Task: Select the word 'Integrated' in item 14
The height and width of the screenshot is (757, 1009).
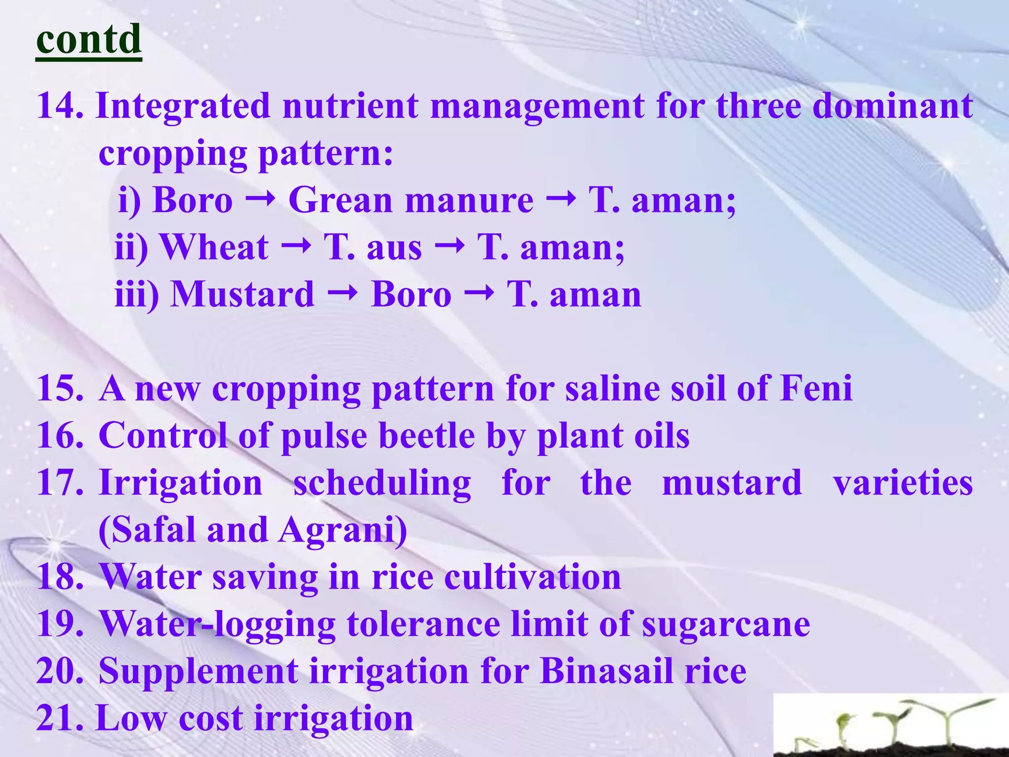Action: [x=183, y=106]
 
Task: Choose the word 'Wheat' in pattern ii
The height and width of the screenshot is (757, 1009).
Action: [x=214, y=247]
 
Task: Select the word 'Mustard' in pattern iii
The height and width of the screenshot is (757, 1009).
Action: [x=242, y=294]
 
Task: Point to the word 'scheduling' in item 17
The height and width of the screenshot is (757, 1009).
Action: [x=382, y=483]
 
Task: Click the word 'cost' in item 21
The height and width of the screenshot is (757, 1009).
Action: [x=210, y=718]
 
